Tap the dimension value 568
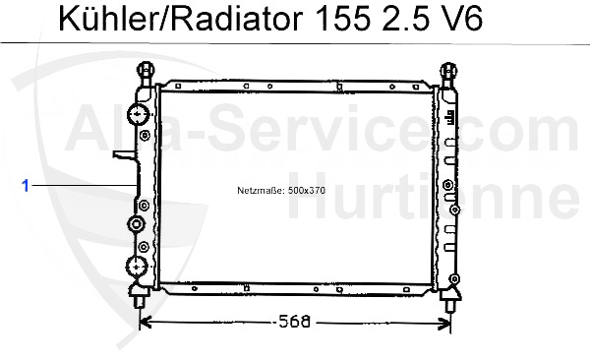(x=296, y=321)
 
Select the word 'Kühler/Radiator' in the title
(x=163, y=21)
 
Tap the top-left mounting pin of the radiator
(x=146, y=73)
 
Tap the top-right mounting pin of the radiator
(x=449, y=73)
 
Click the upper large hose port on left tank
(x=138, y=116)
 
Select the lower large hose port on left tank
(x=138, y=266)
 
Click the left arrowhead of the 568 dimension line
(x=144, y=321)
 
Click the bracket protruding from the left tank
(x=122, y=155)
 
